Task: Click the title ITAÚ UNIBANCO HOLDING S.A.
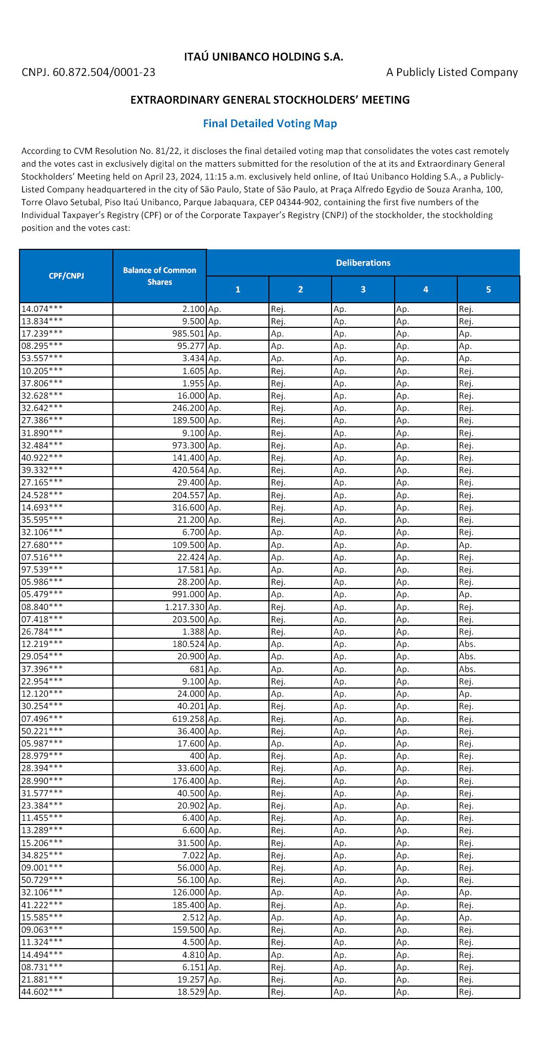[x=263, y=57]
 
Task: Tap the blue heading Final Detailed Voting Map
[x=269, y=124]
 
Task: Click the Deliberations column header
[x=363, y=263]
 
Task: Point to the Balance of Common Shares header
[x=160, y=276]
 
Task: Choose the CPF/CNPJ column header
[x=66, y=276]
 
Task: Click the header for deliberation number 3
[x=363, y=289]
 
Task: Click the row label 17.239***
[x=42, y=333]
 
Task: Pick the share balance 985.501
[x=188, y=333]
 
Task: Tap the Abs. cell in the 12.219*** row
[x=467, y=644]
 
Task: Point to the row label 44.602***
[x=42, y=992]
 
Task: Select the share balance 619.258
[x=188, y=719]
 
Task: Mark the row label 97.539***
[x=42, y=569]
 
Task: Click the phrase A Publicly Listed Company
[x=452, y=72]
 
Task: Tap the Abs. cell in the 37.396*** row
[x=467, y=669]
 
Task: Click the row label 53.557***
[x=42, y=358]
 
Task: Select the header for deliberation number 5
[x=488, y=289]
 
